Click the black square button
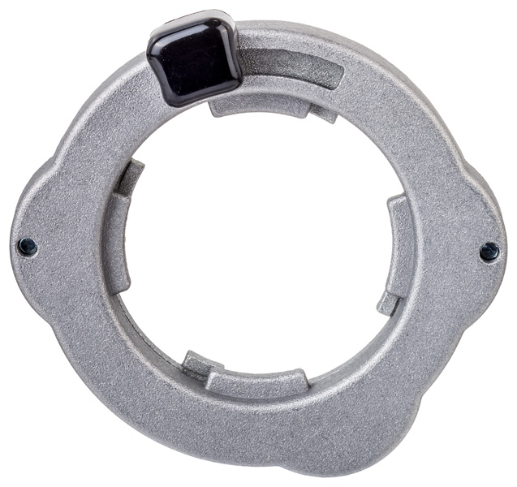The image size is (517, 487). [193, 58]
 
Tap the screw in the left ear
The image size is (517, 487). [28, 247]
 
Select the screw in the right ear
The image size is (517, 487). [489, 252]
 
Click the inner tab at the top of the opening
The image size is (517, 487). [260, 106]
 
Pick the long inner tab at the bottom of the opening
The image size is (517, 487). [256, 380]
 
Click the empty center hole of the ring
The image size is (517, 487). [258, 243]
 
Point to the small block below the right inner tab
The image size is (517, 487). [388, 304]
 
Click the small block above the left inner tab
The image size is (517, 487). [130, 175]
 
